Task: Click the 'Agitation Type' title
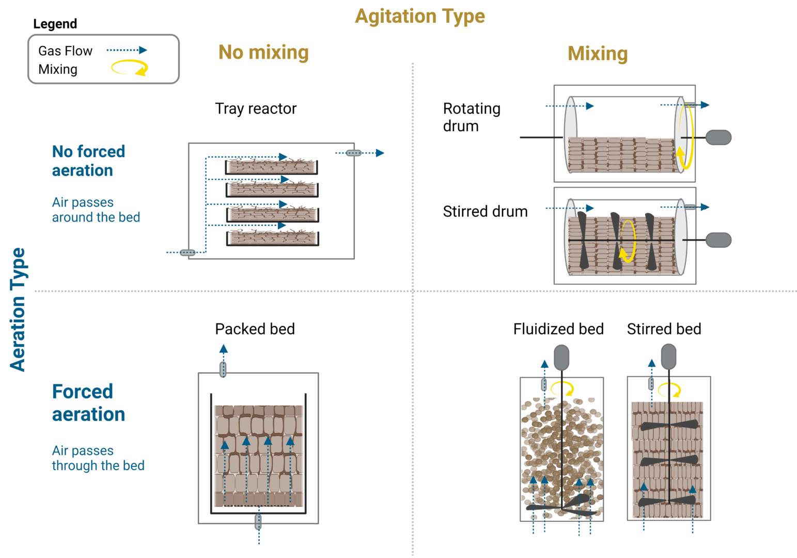click(x=419, y=17)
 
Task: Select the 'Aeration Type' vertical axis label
click(x=18, y=309)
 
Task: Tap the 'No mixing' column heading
click(x=263, y=52)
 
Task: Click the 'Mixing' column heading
click(x=597, y=54)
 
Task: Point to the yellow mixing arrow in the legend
click(x=130, y=68)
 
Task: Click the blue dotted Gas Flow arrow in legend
click(x=127, y=50)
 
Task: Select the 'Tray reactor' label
click(x=256, y=109)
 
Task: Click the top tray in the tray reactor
click(x=271, y=167)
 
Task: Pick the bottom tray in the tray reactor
click(x=272, y=238)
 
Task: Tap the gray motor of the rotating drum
click(x=718, y=137)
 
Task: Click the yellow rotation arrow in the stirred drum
click(x=628, y=241)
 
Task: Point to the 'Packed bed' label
click(x=255, y=329)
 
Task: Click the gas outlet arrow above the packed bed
click(x=223, y=350)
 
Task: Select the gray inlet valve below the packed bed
click(x=258, y=522)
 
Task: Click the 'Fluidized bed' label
click(x=558, y=329)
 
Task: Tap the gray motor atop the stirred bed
click(x=668, y=357)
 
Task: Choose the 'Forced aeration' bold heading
click(x=88, y=403)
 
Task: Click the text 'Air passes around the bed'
click(x=96, y=210)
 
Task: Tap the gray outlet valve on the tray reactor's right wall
click(x=353, y=153)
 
